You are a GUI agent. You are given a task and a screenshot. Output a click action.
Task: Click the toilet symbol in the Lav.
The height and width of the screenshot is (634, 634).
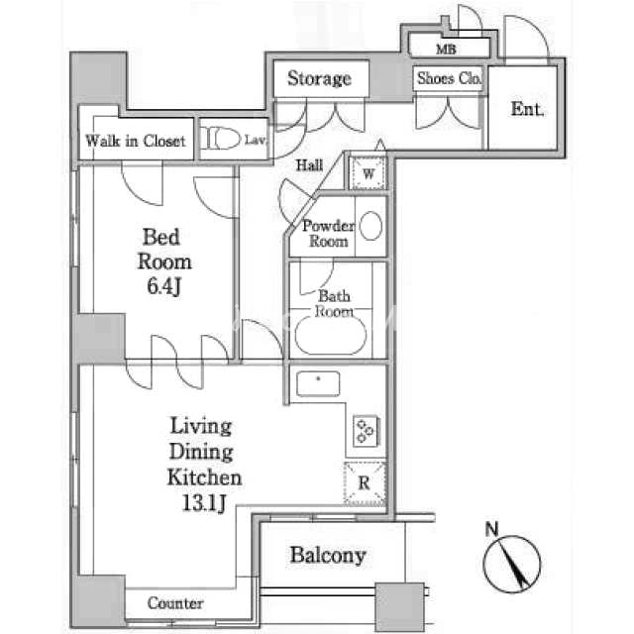[220, 139]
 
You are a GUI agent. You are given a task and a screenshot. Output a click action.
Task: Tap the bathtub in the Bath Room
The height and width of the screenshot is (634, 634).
[331, 336]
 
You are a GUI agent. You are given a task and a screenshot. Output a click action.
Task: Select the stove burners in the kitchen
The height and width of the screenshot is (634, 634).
[367, 431]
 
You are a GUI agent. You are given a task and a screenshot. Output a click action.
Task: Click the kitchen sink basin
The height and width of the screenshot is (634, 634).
[318, 383]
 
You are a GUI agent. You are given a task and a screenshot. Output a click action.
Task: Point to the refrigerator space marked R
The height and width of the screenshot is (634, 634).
[365, 482]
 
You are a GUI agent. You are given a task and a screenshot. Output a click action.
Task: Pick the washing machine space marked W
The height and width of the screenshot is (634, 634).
[368, 174]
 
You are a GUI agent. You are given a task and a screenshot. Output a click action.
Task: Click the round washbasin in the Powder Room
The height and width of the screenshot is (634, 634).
[370, 226]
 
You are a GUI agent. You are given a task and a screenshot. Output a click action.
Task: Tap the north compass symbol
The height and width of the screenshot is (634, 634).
[512, 564]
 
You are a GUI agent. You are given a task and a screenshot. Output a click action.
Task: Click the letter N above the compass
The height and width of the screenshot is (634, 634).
[491, 529]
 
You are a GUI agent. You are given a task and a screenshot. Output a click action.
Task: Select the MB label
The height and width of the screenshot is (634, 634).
[446, 50]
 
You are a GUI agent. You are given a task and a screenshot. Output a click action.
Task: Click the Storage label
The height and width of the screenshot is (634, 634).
[319, 78]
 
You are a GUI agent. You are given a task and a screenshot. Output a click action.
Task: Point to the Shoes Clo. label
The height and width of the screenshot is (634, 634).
[450, 78]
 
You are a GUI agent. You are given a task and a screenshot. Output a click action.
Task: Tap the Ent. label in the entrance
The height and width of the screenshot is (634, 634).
[527, 109]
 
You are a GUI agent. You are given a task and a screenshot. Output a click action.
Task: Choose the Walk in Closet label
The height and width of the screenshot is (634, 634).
[136, 141]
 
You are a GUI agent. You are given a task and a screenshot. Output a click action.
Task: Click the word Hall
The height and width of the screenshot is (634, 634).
[309, 165]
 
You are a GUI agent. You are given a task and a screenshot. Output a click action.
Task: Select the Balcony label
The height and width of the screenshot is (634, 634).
[328, 556]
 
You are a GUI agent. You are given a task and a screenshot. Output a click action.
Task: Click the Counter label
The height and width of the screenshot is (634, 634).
[175, 603]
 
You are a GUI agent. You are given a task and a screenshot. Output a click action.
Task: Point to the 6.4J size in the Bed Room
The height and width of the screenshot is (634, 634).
[163, 286]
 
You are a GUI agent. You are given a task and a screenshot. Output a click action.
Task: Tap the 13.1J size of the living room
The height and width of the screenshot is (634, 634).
[204, 503]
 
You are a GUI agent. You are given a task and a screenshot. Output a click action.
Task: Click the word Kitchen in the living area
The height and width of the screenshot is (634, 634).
[205, 477]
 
